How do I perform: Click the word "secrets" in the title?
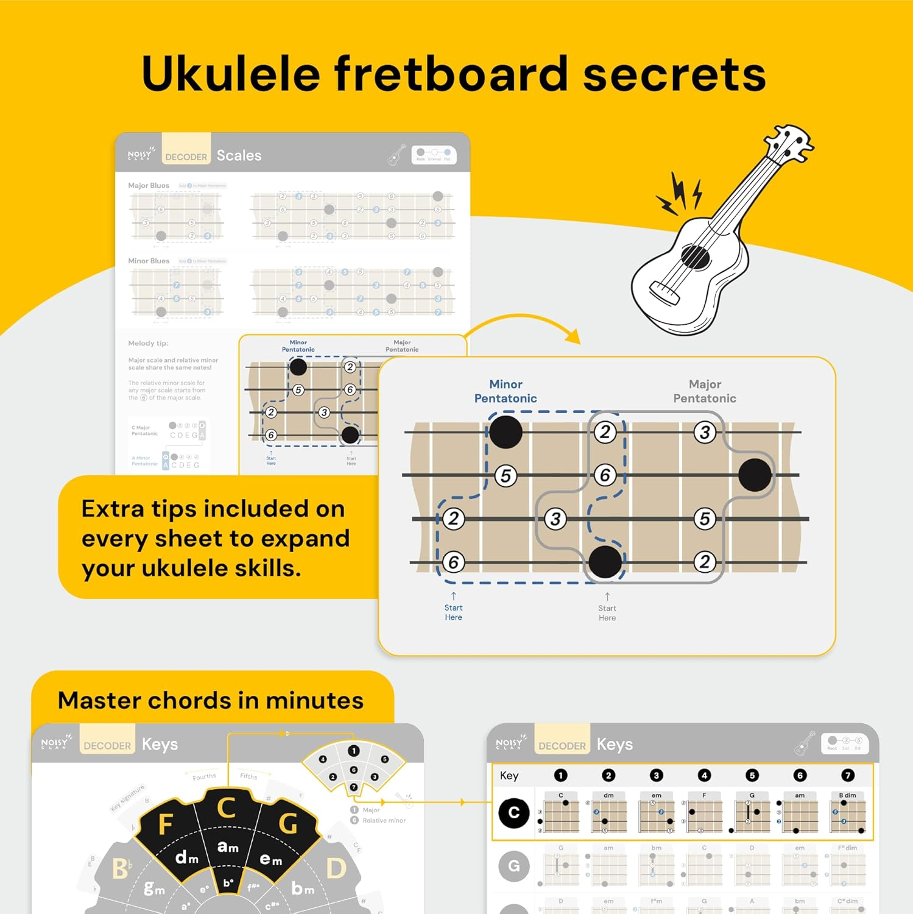[674, 74]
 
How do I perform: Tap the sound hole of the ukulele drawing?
[695, 256]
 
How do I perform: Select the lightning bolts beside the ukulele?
[680, 194]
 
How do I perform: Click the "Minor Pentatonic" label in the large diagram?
[506, 391]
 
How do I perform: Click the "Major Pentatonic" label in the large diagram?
[705, 391]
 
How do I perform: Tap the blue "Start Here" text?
[453, 612]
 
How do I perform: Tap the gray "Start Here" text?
[607, 613]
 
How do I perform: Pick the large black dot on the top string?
[506, 432]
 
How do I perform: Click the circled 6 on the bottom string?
[453, 562]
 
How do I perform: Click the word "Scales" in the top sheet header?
[239, 155]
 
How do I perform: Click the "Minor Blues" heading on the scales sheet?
[149, 261]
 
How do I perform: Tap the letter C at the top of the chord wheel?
[227, 808]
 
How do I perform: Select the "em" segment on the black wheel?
[270, 859]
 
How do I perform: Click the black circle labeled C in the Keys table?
[513, 813]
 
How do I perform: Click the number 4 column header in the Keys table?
[704, 775]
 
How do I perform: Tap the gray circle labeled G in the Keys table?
[513, 866]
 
